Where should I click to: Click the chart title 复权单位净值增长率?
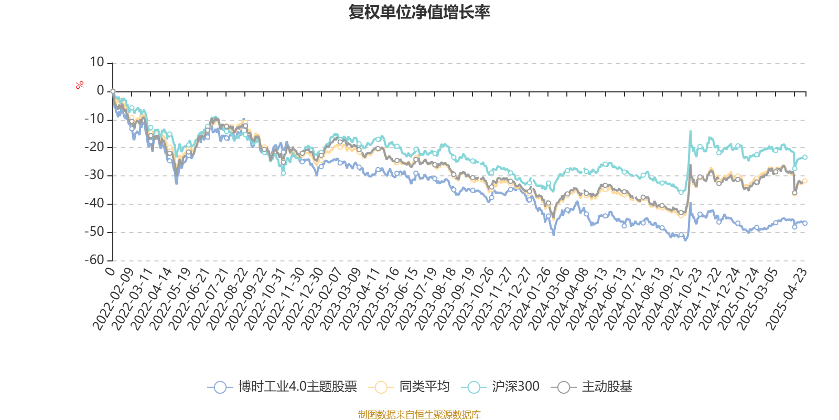click(419, 12)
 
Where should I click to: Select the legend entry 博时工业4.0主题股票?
click(282, 386)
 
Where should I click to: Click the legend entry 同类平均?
click(408, 386)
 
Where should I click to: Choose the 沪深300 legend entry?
click(500, 386)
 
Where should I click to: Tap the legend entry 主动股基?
click(591, 386)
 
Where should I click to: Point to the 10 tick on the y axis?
click(96, 62)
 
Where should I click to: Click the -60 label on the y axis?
click(94, 259)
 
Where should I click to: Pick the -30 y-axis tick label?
click(94, 175)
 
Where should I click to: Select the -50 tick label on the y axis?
click(94, 232)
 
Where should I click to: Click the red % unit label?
click(79, 85)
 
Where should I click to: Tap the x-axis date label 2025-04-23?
click(787, 299)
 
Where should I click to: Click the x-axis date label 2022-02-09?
click(113, 299)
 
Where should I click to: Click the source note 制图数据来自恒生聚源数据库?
click(419, 414)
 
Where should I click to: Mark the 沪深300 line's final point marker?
click(805, 157)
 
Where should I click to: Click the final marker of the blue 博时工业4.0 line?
click(805, 223)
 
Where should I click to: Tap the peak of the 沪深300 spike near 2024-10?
click(690, 131)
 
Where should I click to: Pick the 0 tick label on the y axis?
click(100, 90)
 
